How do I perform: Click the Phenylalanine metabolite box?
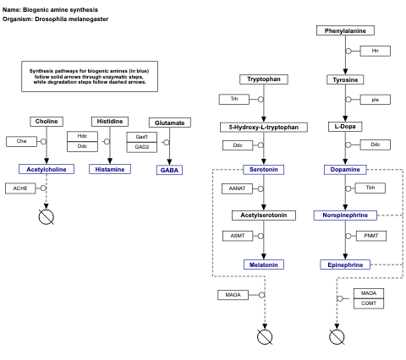tap(345, 30)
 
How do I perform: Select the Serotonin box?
tap(263, 169)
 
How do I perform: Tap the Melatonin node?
tap(263, 265)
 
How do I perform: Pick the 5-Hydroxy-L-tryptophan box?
tap(263, 127)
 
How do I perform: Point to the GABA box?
tap(169, 170)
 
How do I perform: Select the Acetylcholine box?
tap(47, 169)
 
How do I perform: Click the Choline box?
tap(47, 122)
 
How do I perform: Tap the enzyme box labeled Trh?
tap(234, 99)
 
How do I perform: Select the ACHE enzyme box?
tap(21, 188)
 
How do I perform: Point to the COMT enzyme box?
tap(369, 303)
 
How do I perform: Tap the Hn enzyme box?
tap(375, 51)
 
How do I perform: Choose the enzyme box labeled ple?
tap(375, 99)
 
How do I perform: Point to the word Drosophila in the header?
tap(56, 19)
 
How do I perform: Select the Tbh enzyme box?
tap(370, 188)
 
